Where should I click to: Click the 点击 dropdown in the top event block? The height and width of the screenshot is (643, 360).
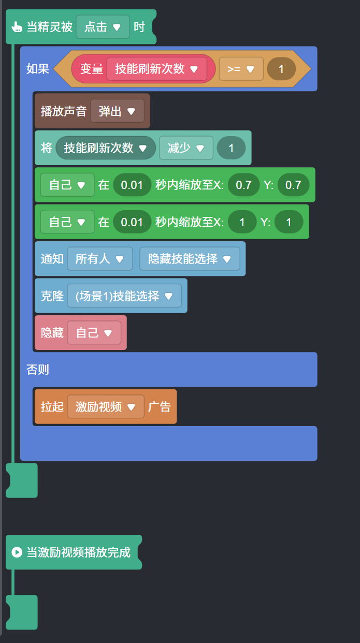103,27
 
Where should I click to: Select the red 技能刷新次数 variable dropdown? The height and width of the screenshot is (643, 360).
156,69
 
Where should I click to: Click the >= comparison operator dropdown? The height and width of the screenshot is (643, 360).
241,69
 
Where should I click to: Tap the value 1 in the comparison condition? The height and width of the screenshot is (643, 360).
281,69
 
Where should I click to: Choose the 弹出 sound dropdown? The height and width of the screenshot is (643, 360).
117,111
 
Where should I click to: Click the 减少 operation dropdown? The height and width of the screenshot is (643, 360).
185,148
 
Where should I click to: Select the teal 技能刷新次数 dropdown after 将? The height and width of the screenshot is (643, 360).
105,148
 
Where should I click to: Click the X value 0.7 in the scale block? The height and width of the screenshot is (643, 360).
243,185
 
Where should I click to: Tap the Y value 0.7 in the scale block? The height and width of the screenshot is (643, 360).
293,185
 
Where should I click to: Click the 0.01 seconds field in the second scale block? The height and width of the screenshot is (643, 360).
132,222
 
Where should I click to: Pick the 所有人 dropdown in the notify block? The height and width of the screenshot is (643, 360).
99,259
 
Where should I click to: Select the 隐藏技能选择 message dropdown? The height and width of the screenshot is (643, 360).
190,259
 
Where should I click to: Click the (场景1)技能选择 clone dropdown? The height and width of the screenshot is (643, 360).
124,296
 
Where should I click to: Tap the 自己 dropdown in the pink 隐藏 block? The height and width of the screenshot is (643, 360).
94,333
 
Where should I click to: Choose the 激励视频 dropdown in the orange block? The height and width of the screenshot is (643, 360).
105,407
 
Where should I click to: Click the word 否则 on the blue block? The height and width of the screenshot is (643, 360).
38,369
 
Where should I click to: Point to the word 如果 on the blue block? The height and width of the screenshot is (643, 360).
38,69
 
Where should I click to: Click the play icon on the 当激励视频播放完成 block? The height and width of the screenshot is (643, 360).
17,552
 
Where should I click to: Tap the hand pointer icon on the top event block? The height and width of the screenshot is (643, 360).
17,27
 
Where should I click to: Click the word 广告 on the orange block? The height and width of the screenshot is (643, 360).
160,407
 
